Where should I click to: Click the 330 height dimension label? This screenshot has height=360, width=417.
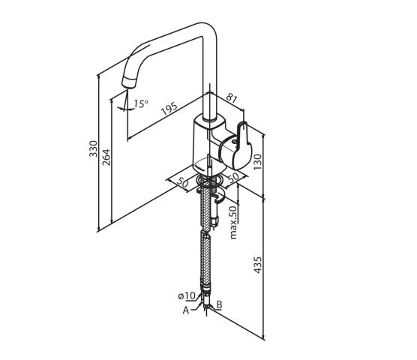pos(93,148)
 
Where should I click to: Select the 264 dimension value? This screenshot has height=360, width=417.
pos(106,157)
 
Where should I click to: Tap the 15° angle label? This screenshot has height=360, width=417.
pos(141,103)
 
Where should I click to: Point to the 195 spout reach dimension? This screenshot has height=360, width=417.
pos(169,108)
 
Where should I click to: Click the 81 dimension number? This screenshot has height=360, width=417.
pos(231,98)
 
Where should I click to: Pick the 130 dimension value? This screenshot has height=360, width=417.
pos(257,162)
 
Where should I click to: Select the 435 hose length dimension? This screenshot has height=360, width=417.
pos(257,265)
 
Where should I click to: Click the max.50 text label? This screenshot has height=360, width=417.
pos(233,222)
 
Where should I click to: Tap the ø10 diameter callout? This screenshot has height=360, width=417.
pos(187,295)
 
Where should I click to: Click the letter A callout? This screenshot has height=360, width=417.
pos(186,310)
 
